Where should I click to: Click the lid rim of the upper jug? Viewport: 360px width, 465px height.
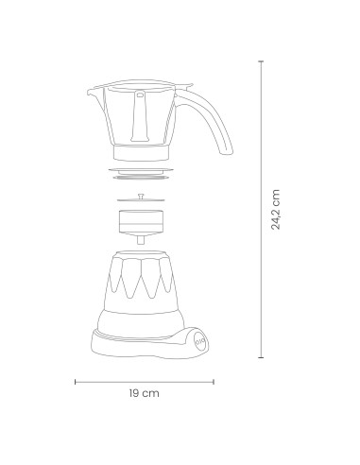[142, 84]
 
